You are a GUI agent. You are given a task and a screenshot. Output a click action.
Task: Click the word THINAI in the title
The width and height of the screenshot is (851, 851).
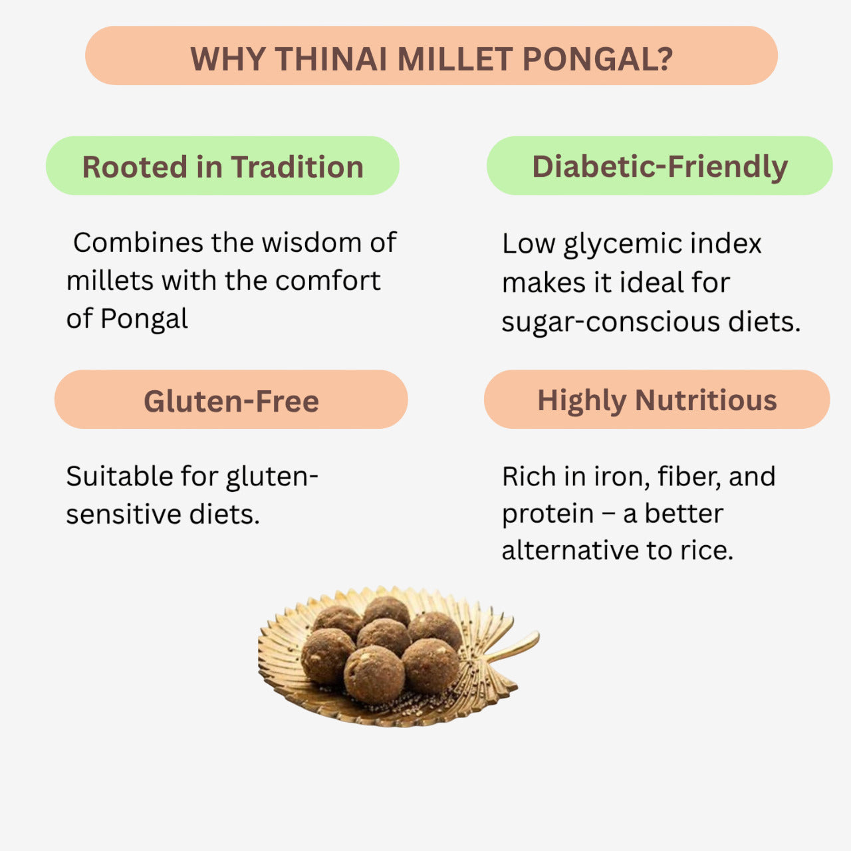click(331, 59)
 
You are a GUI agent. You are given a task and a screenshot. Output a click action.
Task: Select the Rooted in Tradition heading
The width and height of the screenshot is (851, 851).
click(223, 166)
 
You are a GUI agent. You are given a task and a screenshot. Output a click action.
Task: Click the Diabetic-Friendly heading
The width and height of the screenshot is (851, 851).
click(660, 166)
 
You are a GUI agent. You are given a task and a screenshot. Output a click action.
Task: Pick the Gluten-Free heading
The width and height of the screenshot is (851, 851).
click(231, 401)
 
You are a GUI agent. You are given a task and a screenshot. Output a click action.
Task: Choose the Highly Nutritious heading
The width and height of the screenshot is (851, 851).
click(657, 400)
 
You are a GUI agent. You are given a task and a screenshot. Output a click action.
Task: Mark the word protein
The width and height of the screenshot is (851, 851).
click(547, 515)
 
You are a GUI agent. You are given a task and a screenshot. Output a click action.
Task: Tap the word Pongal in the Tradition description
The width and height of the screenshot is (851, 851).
click(144, 319)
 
